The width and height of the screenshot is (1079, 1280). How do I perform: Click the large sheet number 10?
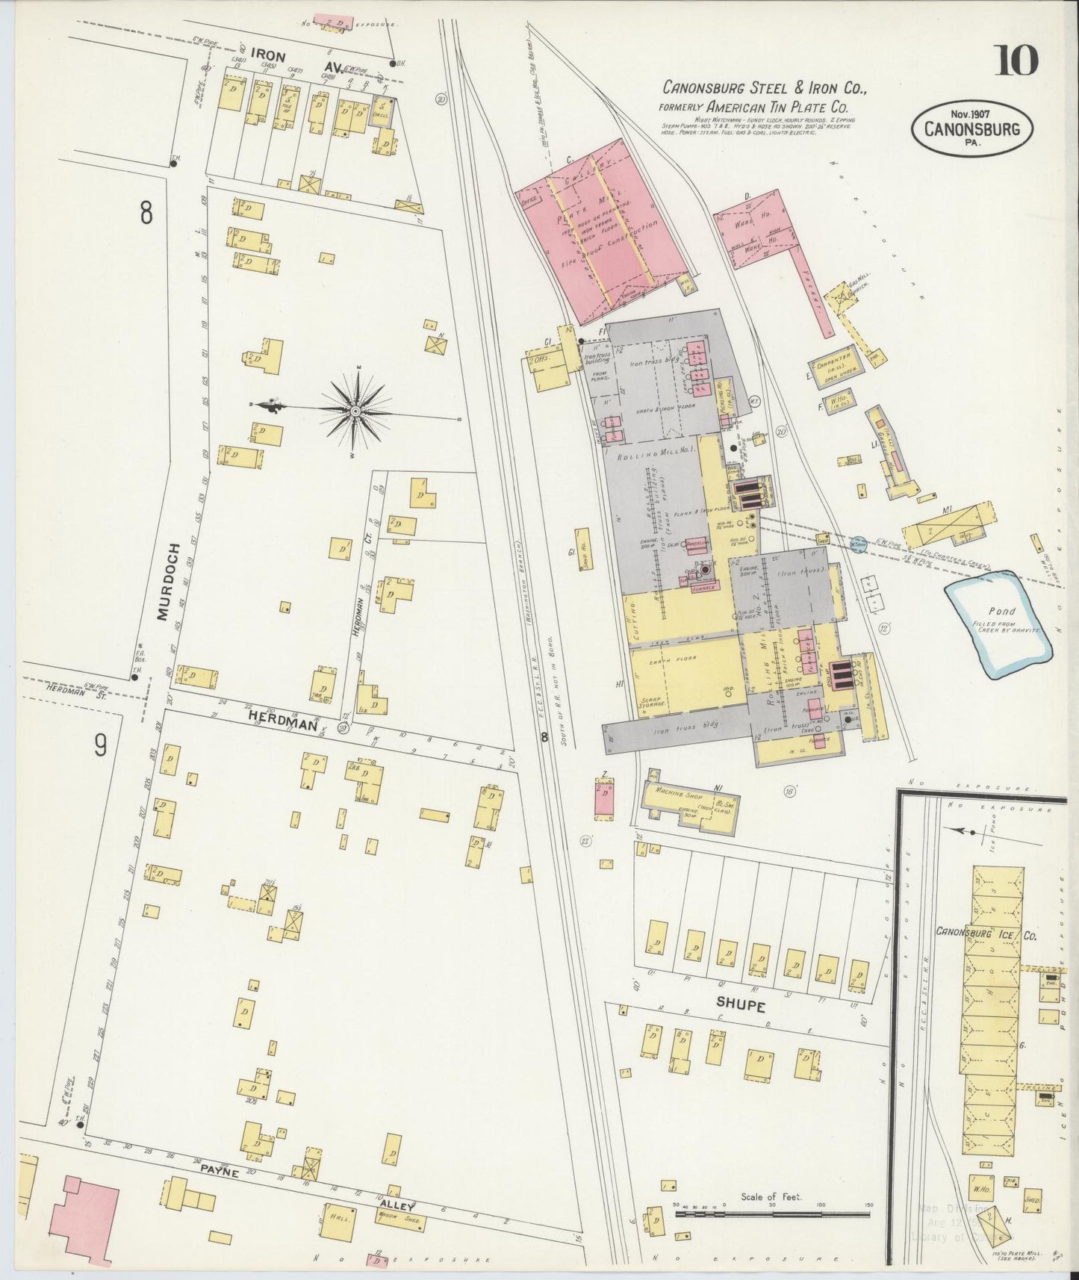1015,60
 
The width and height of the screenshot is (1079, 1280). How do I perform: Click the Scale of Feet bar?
772,1214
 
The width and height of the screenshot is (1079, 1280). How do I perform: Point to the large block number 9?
101,746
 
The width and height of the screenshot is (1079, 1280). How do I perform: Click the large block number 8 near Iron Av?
146,213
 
